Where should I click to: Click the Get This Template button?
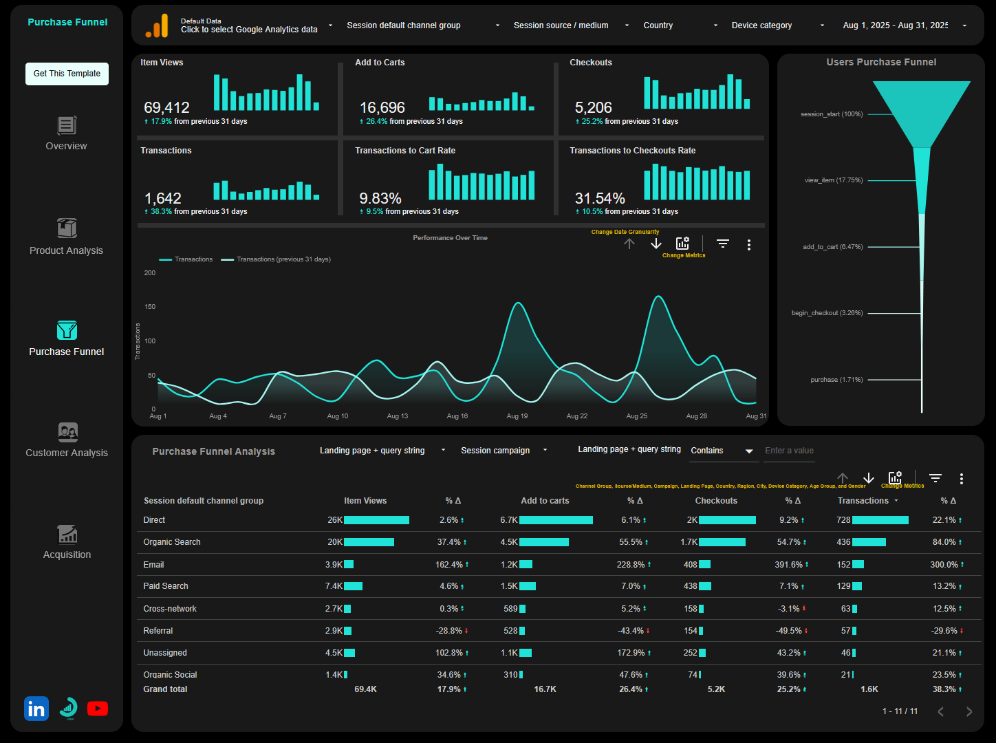click(67, 74)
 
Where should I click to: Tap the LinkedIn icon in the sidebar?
click(36, 709)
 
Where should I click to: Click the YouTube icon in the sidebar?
click(98, 709)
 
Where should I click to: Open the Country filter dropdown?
click(680, 25)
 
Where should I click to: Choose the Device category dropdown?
click(777, 25)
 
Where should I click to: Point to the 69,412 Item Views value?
click(166, 108)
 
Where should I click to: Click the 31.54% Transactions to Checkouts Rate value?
click(600, 199)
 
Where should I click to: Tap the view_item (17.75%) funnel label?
click(834, 180)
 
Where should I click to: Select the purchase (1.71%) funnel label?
click(836, 380)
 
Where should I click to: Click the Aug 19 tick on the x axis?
click(517, 416)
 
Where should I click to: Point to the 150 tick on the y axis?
click(149, 307)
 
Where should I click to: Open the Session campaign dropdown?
click(504, 451)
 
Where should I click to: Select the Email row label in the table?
click(153, 565)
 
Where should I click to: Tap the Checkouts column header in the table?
click(715, 501)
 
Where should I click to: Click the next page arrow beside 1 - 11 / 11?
click(968, 711)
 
